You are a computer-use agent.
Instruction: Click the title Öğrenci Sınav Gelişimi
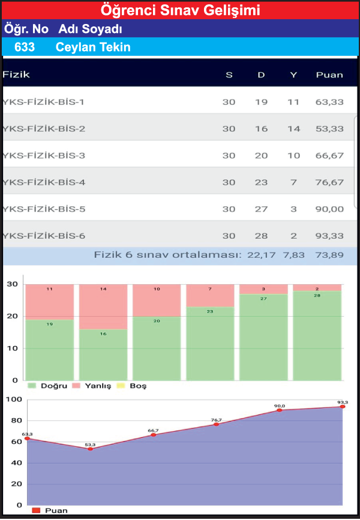coord(180,10)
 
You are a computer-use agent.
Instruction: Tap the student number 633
coord(24,47)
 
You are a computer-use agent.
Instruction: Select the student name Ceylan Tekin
coord(93,47)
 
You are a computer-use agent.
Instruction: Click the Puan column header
coord(329,75)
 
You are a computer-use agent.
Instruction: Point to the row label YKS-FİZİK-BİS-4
coord(44,182)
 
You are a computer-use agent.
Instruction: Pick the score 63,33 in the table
coord(329,102)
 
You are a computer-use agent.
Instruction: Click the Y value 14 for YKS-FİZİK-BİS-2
coord(293,129)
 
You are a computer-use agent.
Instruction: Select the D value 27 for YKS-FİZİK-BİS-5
coord(261,209)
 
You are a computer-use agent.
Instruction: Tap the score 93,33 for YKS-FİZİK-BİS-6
coord(329,236)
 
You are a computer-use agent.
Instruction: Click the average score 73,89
coord(329,255)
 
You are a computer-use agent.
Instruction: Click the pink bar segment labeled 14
coord(103,306)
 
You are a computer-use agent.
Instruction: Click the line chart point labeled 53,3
coord(91,449)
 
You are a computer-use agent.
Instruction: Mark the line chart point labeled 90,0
coord(280,410)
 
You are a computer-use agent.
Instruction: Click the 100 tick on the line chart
coord(13,399)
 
